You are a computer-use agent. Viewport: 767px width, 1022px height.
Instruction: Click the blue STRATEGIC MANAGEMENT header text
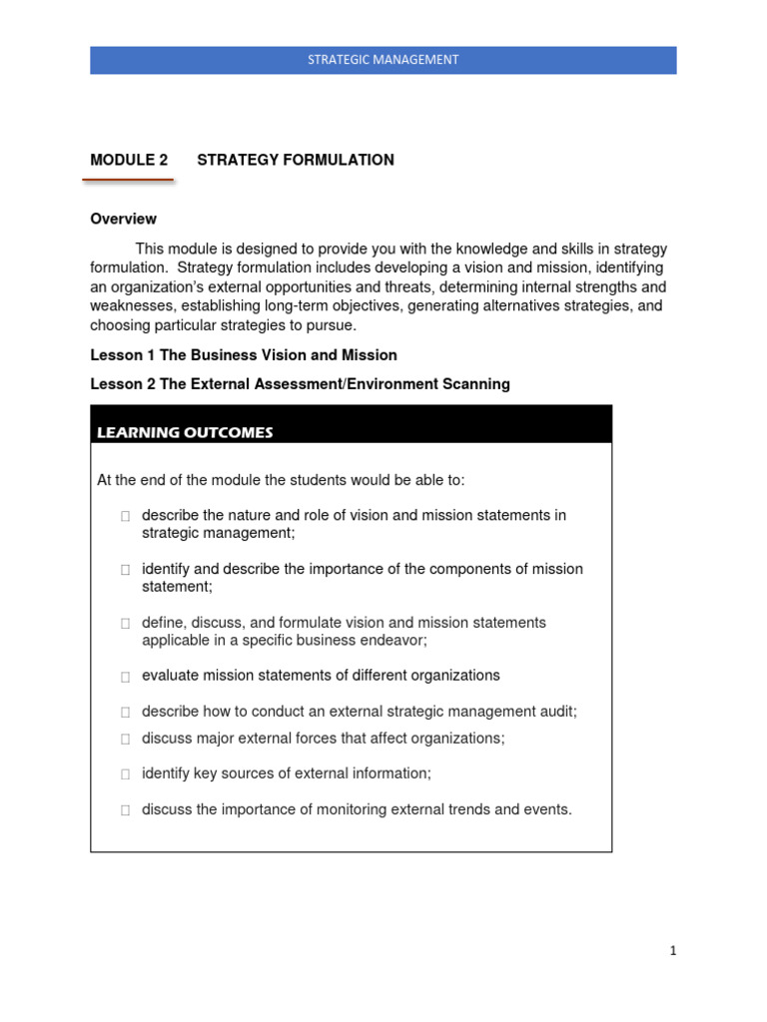[383, 60]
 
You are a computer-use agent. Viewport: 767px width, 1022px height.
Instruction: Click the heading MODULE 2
[129, 160]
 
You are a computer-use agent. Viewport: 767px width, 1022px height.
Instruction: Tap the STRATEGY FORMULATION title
[296, 160]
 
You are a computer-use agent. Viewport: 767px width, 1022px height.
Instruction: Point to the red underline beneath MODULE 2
[128, 181]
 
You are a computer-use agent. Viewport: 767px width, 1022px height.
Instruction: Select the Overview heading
[123, 219]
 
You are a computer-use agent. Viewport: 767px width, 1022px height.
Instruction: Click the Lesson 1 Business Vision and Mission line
[244, 355]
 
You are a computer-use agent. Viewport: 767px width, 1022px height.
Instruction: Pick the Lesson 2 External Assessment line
[300, 384]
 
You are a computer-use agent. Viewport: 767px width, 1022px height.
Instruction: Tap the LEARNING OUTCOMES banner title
[185, 432]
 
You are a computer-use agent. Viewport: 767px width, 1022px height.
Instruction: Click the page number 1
[673, 951]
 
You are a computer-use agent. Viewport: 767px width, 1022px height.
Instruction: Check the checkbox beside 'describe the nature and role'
[125, 517]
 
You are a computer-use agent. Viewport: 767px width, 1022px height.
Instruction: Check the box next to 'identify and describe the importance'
[125, 570]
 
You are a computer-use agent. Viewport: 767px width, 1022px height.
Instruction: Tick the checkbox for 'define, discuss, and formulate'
[125, 624]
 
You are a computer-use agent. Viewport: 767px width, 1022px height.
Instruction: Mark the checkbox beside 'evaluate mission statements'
[125, 677]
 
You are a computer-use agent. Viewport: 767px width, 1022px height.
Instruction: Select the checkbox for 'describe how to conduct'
[125, 713]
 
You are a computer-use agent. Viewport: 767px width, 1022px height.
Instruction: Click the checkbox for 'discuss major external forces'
[125, 740]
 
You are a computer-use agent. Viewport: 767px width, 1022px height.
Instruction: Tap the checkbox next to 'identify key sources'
[125, 774]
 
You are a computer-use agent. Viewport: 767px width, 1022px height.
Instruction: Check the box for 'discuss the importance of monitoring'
[125, 811]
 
